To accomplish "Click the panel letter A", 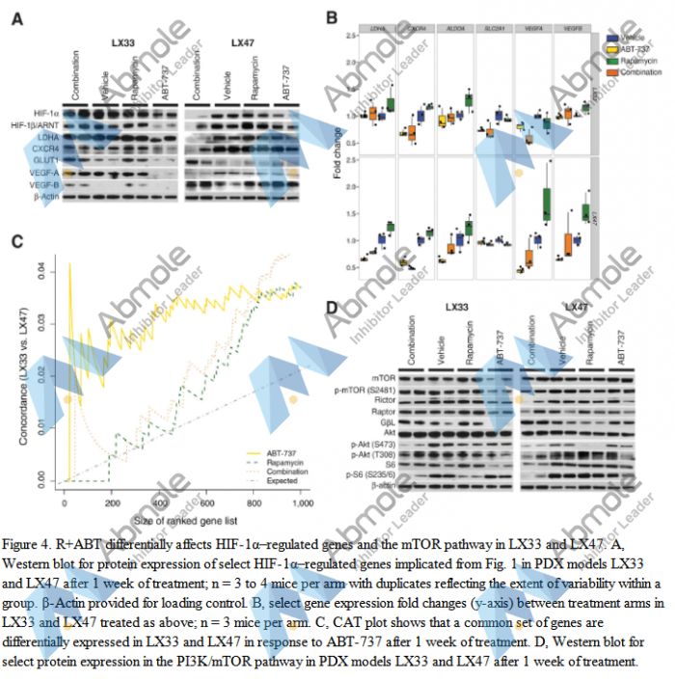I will tap(16, 17).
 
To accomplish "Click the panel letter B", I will tap(331, 17).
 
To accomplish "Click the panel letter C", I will tap(16, 242).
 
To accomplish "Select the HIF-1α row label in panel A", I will tap(46, 113).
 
